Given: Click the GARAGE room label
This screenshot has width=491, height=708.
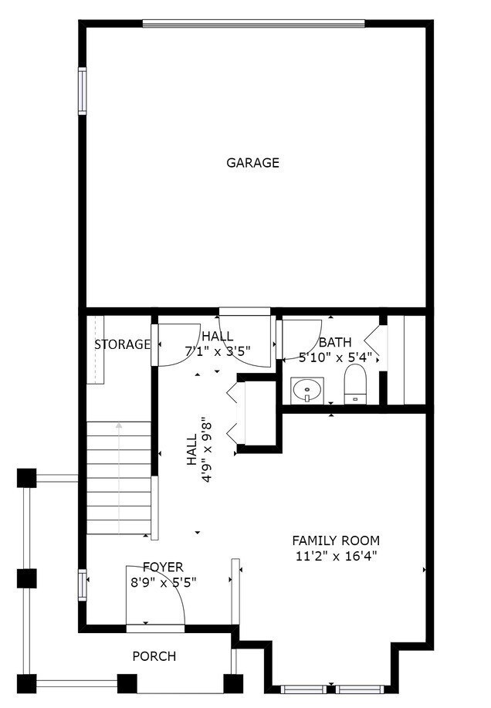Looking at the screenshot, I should click(252, 163).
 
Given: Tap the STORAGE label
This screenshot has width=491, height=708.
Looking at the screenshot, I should click(122, 344).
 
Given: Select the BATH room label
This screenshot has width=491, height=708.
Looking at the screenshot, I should click(335, 342).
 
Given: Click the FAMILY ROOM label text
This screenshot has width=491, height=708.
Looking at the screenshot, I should click(335, 540).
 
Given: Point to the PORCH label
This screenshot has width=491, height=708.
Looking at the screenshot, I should click(154, 656).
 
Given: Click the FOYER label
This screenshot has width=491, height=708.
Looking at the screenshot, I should click(163, 567).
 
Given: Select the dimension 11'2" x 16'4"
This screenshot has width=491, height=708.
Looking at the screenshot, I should click(335, 556).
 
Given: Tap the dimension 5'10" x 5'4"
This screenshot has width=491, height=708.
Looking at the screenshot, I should click(335, 357).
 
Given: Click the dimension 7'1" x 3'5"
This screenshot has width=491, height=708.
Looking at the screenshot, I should click(218, 351).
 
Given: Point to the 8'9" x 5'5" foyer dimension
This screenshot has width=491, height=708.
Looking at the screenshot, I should click(163, 582).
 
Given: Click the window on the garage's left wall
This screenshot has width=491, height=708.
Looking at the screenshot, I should click(82, 91).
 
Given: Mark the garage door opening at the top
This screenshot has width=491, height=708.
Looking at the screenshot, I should click(252, 23).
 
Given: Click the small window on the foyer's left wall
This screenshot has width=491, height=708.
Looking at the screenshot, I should click(82, 584).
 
